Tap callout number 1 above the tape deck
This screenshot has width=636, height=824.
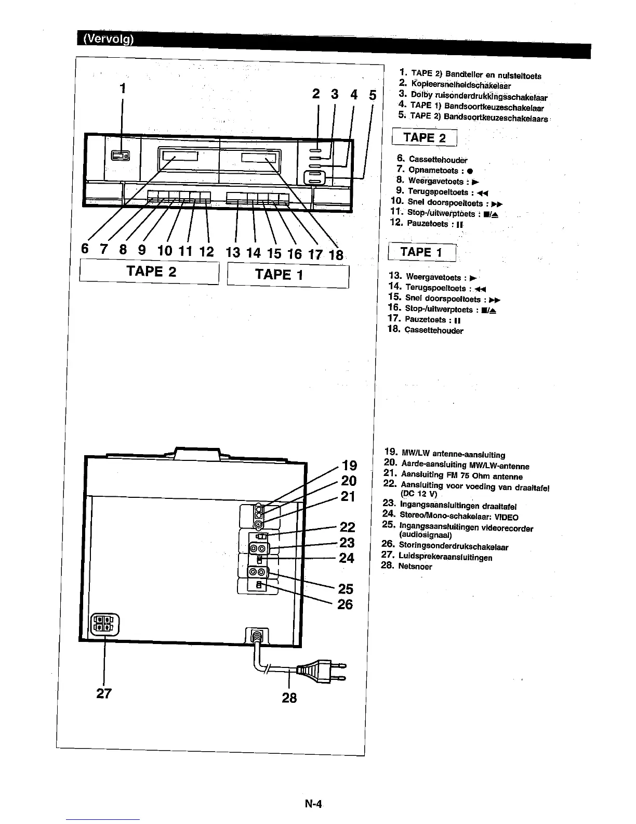tap(123, 88)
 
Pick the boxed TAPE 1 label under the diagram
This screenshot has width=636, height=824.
tap(279, 274)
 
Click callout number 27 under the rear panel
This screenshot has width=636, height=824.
tap(104, 693)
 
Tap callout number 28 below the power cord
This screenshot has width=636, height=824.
tap(289, 698)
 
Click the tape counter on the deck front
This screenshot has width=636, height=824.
tap(120, 156)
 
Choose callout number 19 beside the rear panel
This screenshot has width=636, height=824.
tap(349, 465)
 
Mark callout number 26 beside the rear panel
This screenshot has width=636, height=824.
tap(345, 604)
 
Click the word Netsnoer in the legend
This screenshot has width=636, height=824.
tap(415, 566)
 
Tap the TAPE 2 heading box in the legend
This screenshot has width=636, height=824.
tap(425, 138)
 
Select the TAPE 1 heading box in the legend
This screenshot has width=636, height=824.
tap(422, 252)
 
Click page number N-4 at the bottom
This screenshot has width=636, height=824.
tap(314, 804)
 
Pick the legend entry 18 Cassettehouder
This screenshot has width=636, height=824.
tap(426, 330)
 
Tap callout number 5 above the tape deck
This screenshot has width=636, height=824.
tap(373, 95)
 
